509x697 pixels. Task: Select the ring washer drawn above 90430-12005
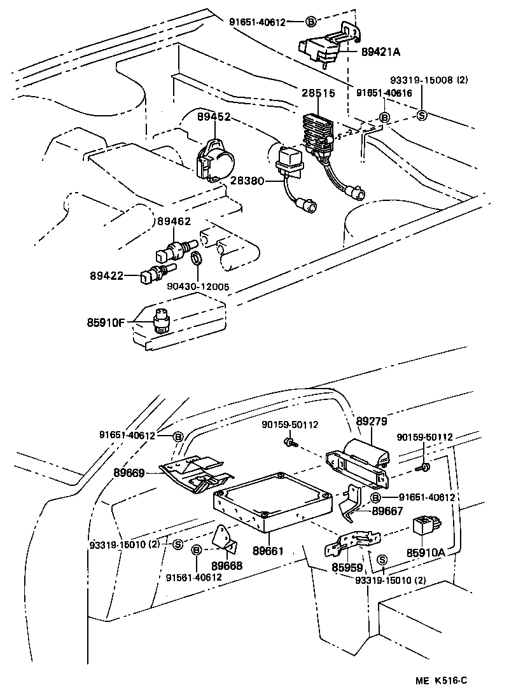tap(197, 258)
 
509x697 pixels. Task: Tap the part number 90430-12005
tap(198, 286)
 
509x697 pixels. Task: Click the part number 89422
tap(106, 276)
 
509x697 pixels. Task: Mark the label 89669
tap(130, 473)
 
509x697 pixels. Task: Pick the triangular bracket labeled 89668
tap(225, 539)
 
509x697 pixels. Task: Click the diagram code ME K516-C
tap(442, 680)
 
